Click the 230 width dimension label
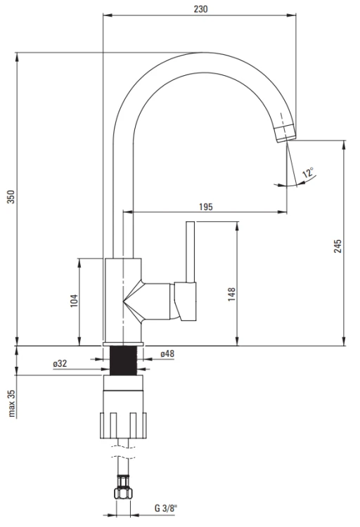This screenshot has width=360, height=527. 200,9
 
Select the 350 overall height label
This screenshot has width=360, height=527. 11,197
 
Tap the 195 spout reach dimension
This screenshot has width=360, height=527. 205,207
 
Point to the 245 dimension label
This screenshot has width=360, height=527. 337,247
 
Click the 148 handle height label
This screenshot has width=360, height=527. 231,294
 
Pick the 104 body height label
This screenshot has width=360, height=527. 74,301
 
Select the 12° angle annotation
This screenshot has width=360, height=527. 309,173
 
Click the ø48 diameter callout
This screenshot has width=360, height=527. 167,353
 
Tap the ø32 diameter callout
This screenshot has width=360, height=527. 60,364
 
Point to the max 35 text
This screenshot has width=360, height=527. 11,403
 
